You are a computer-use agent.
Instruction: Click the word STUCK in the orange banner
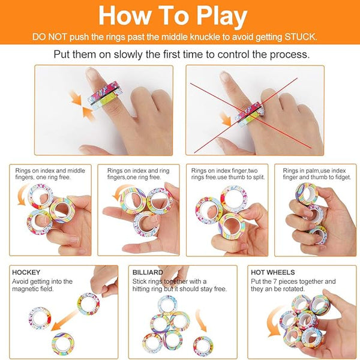point(301,37)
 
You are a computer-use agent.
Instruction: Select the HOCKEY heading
point(26,272)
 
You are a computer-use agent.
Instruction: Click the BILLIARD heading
point(148,272)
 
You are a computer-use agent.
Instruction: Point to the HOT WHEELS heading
point(273,272)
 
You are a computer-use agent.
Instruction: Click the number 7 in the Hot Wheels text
point(275,281)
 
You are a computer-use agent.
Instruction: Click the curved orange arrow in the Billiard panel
point(202,320)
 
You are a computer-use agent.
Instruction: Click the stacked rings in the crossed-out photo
point(249,115)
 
